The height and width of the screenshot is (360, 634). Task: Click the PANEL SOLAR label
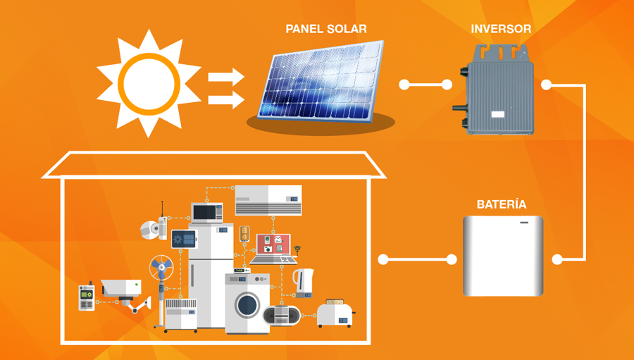(325, 29)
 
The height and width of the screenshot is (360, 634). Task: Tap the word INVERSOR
(500, 29)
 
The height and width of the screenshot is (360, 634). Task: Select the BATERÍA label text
(501, 204)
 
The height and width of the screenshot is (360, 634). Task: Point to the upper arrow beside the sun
(226, 75)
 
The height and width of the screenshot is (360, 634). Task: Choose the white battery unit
(503, 256)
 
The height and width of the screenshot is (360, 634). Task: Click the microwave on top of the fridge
(207, 212)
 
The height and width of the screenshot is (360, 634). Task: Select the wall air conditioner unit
(268, 199)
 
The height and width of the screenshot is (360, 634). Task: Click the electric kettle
(302, 282)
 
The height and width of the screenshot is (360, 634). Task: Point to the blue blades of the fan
(161, 268)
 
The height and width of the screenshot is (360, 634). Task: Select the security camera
(123, 289)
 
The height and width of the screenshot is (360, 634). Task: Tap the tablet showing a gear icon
(183, 240)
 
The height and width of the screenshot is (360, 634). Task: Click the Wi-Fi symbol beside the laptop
(297, 249)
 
